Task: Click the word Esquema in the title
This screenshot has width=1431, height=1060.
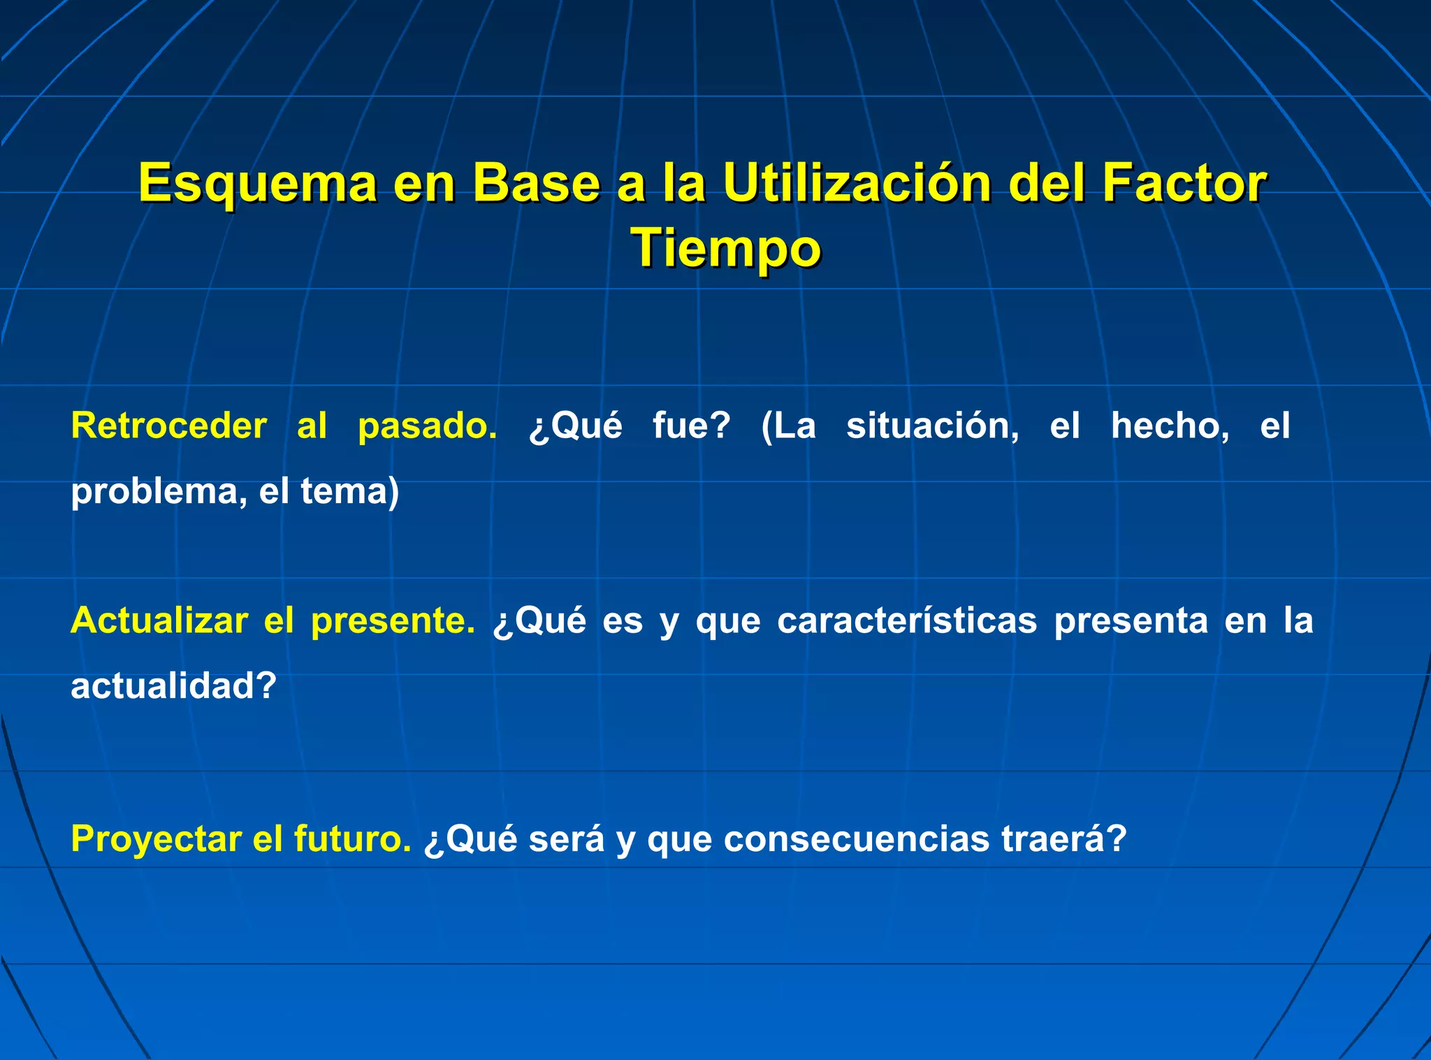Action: click(257, 184)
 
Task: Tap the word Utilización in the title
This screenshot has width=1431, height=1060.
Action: click(857, 184)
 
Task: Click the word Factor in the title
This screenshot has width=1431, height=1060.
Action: click(1184, 184)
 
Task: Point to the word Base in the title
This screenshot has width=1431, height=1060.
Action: click(536, 184)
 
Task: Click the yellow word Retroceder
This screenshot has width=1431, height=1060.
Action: click(169, 426)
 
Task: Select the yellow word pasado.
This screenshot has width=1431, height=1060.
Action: click(427, 426)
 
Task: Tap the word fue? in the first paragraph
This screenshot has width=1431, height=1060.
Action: click(691, 426)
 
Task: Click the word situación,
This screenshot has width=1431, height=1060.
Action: click(933, 426)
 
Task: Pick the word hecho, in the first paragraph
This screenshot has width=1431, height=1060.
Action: click(1170, 426)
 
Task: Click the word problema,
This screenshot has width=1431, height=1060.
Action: click(159, 492)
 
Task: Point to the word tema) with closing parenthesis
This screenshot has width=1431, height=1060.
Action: click(350, 492)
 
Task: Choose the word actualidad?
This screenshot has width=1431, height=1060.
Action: click(174, 686)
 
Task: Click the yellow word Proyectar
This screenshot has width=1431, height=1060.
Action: click(156, 839)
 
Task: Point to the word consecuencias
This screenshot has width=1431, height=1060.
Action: click(857, 839)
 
